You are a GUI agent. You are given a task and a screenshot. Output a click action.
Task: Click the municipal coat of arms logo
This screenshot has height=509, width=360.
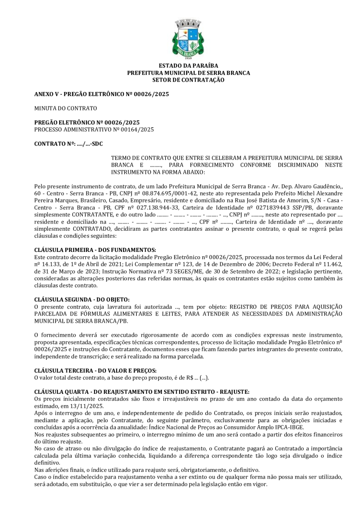(188, 39)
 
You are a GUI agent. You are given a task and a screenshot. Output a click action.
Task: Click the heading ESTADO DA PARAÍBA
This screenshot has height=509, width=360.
(188, 66)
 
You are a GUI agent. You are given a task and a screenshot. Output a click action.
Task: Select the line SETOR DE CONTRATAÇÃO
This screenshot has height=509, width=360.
(188, 80)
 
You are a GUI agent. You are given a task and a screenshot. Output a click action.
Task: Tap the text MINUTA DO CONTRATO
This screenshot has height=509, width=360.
(66, 108)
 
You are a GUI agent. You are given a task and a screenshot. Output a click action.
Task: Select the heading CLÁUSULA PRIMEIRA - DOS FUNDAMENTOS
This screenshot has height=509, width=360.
(95, 250)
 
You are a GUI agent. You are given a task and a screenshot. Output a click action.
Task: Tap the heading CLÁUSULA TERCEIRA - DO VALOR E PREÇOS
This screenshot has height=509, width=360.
(95, 371)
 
